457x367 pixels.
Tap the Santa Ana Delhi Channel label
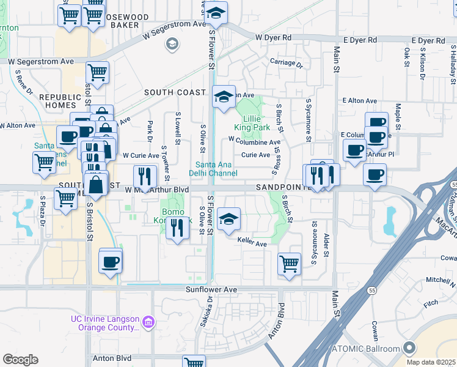216,168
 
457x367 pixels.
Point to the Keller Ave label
252,244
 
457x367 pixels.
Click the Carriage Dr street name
287,62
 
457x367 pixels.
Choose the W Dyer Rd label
273,38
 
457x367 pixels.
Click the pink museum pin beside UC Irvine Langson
147,322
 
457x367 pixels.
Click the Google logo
20,359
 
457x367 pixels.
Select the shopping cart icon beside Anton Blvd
194,363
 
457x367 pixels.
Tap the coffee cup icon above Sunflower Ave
111,261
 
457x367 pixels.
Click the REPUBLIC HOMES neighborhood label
60,101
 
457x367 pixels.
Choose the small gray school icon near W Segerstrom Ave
172,43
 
